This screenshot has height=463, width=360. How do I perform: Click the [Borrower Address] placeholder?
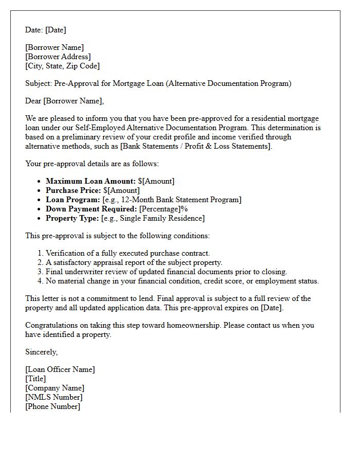[58, 57]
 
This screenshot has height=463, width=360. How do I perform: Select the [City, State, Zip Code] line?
[62, 66]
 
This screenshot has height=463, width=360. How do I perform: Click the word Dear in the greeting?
[33, 101]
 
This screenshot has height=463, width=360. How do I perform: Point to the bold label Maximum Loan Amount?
[91, 181]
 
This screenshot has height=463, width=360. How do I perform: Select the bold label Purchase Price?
[74, 190]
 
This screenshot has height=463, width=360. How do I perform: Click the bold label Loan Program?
[73, 200]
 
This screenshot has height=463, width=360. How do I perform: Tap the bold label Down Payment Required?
[92, 209]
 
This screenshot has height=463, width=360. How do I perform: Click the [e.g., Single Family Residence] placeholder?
[153, 218]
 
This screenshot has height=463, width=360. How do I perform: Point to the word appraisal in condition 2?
[106, 262]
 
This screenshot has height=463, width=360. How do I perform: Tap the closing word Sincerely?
[42, 352]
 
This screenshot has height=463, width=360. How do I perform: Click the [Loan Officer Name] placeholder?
[60, 369]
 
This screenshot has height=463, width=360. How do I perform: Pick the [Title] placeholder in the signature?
[35, 379]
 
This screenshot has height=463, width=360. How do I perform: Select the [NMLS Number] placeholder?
[54, 397]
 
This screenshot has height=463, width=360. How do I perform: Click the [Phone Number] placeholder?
[52, 406]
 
